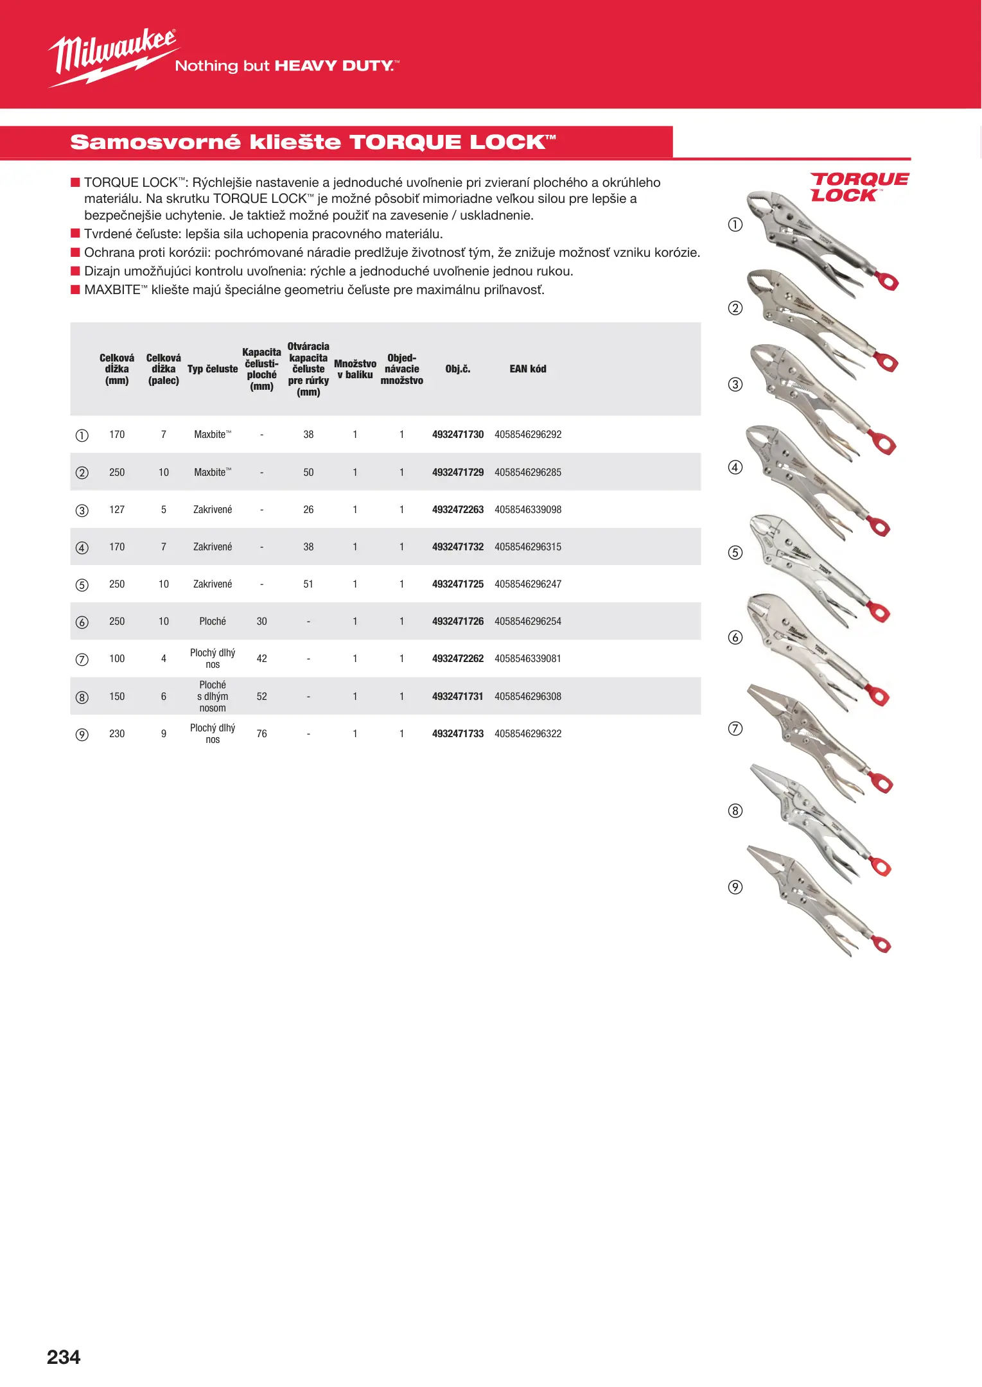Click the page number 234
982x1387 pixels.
[x=64, y=1357]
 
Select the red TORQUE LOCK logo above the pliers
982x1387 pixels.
[x=858, y=187]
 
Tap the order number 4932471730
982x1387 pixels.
[x=457, y=435]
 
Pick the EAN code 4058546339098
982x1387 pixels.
[x=527, y=510]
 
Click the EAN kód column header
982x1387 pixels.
[x=527, y=369]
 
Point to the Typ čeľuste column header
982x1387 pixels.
[x=213, y=369]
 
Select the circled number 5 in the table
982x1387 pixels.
[x=82, y=585]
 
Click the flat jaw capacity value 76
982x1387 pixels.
[x=261, y=734]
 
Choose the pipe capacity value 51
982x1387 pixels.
[x=308, y=584]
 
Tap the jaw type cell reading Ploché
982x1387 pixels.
[x=213, y=622]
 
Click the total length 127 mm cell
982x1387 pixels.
[x=117, y=510]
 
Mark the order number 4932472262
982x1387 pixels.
[x=457, y=659]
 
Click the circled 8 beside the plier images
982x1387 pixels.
[x=735, y=811]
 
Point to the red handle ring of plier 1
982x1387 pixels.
[x=888, y=281]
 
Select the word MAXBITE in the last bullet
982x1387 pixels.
[x=112, y=290]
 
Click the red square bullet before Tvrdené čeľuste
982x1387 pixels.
[x=75, y=233]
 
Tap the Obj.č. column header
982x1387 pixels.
[x=457, y=369]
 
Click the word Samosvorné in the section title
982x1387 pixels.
[x=155, y=142]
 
